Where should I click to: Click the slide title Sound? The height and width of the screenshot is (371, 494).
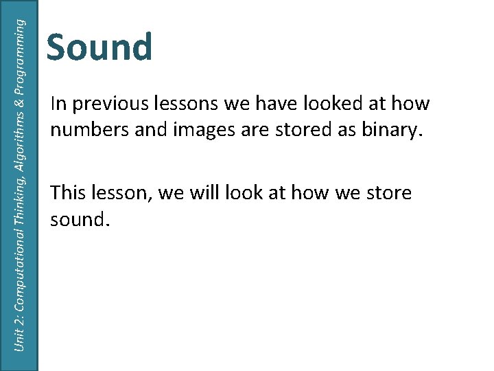[99, 48]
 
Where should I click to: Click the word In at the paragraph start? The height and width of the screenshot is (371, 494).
[58, 104]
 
